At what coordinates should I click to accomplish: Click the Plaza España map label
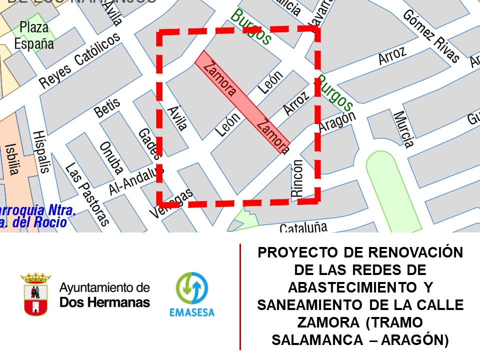[x=34, y=35]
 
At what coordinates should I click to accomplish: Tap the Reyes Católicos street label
[x=80, y=61]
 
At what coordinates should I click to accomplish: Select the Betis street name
[x=108, y=107]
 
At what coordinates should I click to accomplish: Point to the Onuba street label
[x=111, y=156]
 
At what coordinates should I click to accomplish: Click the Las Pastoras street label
[x=87, y=194]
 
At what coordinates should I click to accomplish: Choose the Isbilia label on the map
[x=11, y=159]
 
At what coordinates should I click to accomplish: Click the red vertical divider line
[x=240, y=297]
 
